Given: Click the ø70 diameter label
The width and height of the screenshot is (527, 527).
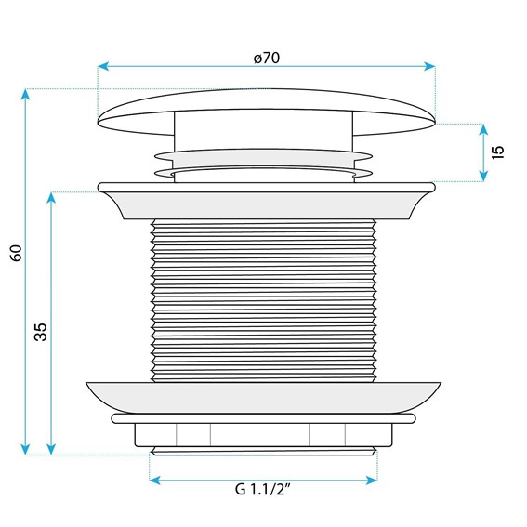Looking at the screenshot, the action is point(267,58).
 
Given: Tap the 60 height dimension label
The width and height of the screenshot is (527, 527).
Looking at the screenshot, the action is point(16,253).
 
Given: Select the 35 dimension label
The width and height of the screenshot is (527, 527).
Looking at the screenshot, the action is point(41,332).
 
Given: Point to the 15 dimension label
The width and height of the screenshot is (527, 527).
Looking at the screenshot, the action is point(498,152).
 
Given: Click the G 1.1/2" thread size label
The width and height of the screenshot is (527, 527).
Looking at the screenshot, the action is point(262,489).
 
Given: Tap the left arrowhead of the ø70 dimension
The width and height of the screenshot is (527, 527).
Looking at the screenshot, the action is point(103,66).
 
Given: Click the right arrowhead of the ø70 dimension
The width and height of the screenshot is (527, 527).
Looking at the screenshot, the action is point(429,66).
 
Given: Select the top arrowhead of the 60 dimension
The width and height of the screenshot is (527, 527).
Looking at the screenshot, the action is point(25,95).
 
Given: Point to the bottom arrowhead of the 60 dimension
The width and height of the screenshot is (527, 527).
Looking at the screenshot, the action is point(25,449).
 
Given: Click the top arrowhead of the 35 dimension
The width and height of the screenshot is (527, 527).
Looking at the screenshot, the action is point(51,198).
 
